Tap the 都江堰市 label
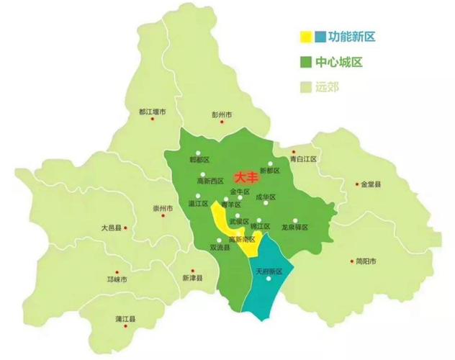pos(152,112)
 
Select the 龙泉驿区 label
pos(294,227)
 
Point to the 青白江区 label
pos(303,158)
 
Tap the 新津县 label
pos(192,278)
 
